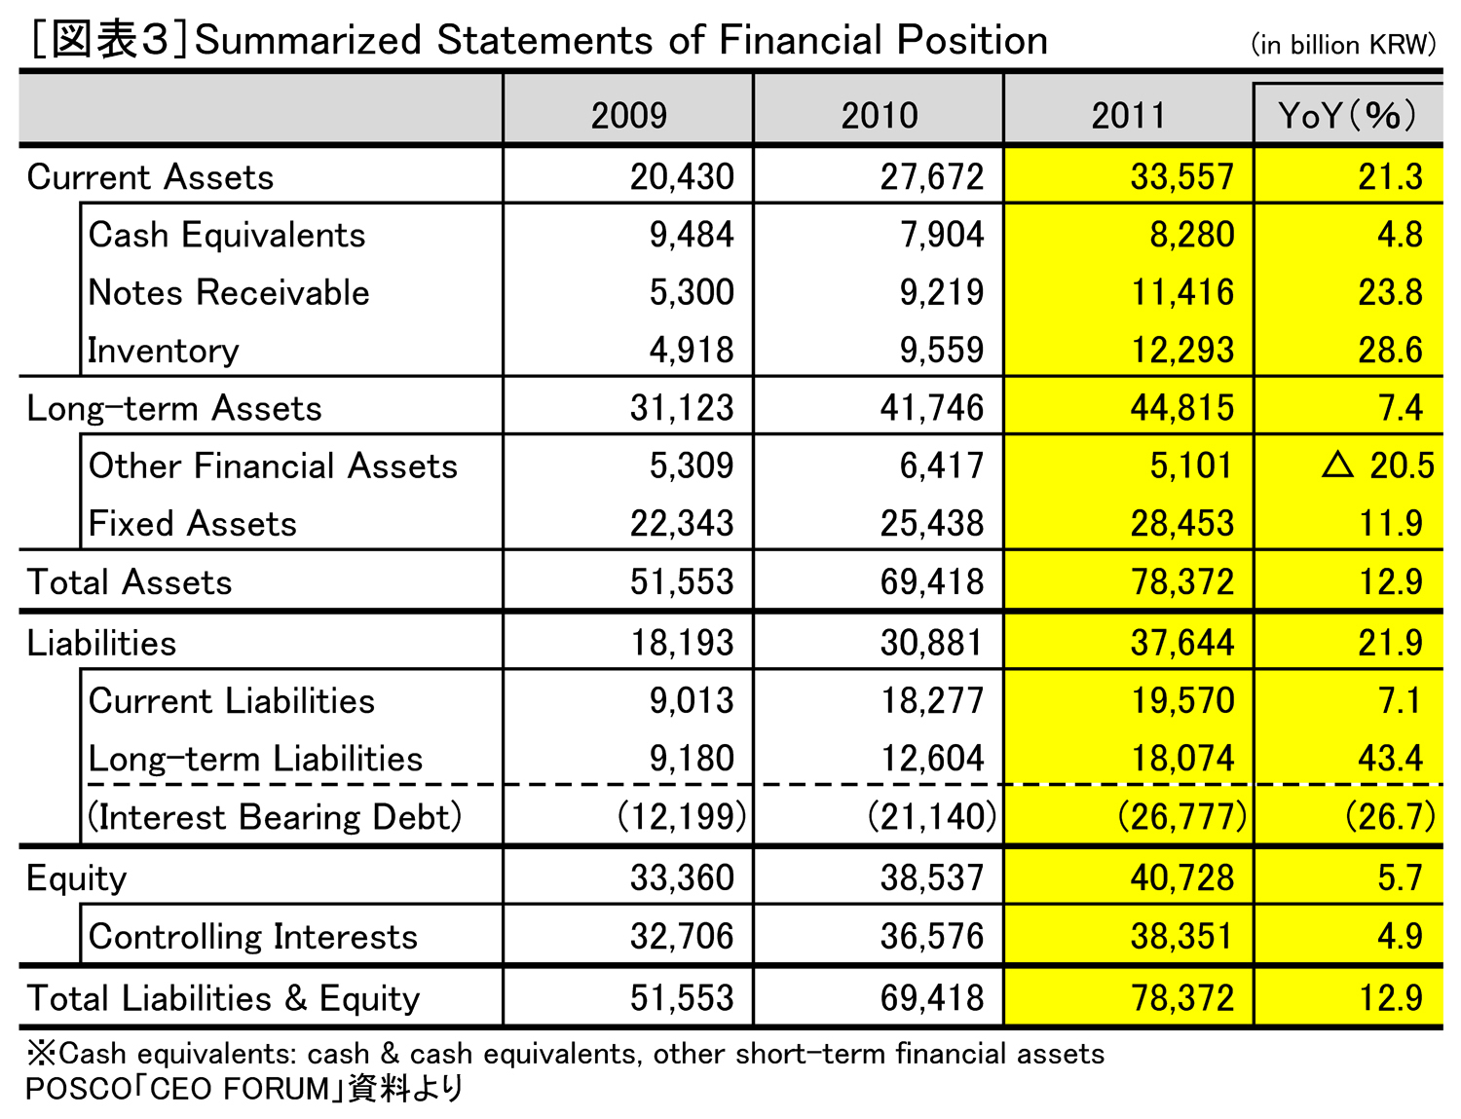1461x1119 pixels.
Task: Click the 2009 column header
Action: coord(628,115)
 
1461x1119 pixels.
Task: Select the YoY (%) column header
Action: coord(1347,115)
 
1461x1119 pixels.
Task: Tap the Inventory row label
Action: coord(164,351)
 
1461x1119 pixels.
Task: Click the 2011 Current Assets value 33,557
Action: coord(1182,176)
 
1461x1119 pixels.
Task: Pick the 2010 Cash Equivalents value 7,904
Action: coord(942,235)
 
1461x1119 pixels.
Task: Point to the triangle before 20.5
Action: coord(1337,465)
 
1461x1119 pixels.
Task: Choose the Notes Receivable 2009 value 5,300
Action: coord(692,292)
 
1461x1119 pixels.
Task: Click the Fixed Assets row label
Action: coord(192,524)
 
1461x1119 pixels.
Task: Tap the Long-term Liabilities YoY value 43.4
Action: coord(1390,759)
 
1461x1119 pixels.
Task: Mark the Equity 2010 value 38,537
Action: coord(932,877)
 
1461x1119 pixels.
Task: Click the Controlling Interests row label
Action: coord(253,937)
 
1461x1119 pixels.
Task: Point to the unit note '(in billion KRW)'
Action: coord(1343,45)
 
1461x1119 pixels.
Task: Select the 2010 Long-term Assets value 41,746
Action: coord(932,408)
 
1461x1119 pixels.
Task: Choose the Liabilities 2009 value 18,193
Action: coord(682,643)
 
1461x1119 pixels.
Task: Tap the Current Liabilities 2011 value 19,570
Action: coord(1182,701)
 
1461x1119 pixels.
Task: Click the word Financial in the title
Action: coord(800,40)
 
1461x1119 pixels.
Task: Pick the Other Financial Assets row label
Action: coord(273,466)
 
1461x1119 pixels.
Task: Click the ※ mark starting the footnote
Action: coord(42,1053)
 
